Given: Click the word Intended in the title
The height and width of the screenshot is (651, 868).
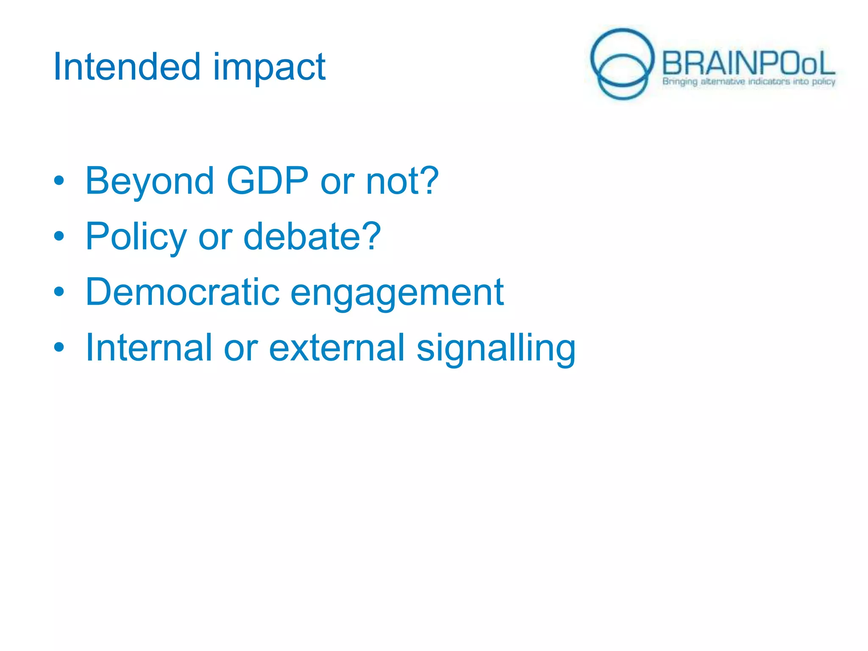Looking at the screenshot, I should click(x=126, y=67).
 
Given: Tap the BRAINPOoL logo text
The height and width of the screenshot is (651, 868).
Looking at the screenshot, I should click(x=748, y=64).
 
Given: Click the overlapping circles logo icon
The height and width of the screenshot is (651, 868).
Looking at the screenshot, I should click(x=622, y=64).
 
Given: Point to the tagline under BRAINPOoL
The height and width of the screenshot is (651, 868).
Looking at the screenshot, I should click(x=748, y=81).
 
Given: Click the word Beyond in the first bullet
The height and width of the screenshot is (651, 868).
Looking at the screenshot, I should click(x=150, y=181).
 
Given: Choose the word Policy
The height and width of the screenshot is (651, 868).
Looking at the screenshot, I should click(x=136, y=237).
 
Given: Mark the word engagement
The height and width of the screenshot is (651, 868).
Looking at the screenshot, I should click(x=397, y=293).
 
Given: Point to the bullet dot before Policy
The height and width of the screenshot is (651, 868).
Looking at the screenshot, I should click(x=59, y=236).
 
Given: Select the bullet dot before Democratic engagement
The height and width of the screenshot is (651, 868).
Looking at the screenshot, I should click(x=59, y=292).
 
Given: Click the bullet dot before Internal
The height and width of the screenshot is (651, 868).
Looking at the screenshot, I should click(x=59, y=348).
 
